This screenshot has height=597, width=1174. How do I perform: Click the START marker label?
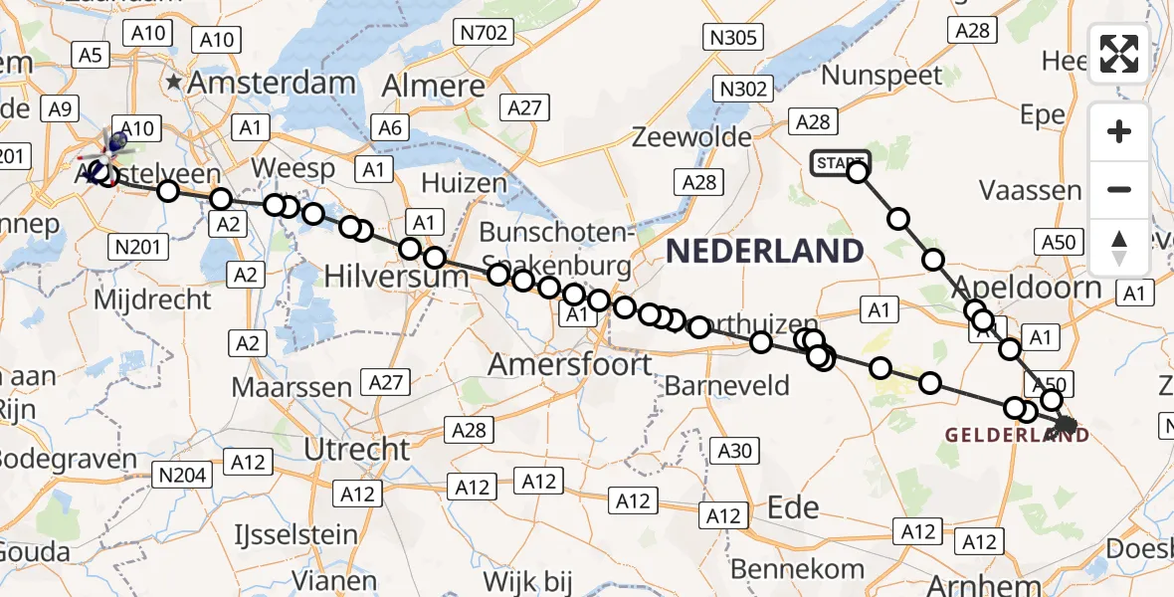click(x=840, y=163)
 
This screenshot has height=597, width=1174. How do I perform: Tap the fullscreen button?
click(x=1119, y=54)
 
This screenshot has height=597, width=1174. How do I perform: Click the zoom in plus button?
click(x=1119, y=131)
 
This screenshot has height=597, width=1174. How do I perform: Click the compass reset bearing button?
click(x=1119, y=248)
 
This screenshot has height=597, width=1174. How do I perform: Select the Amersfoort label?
click(x=570, y=364)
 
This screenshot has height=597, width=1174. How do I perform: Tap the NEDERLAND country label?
click(x=764, y=251)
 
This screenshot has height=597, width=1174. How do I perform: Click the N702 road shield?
click(x=486, y=34)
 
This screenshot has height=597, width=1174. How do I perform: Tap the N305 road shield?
click(x=734, y=39)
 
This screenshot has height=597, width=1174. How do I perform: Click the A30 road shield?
click(x=734, y=451)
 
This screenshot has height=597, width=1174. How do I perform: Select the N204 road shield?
click(x=184, y=476)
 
